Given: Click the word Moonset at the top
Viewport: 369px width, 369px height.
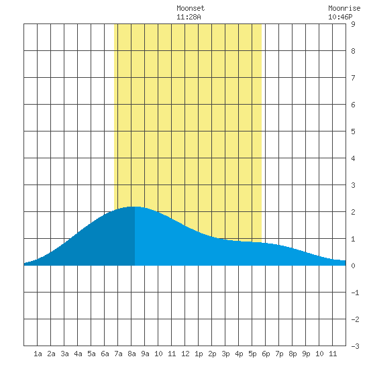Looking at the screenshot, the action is [191, 8].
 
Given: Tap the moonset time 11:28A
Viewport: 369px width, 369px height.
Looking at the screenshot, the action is [189, 17].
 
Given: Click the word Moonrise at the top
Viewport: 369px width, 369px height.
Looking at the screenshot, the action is [344, 8].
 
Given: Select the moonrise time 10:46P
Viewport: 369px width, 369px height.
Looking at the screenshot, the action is [340, 17].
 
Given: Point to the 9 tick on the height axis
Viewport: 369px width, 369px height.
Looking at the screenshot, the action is [353, 24].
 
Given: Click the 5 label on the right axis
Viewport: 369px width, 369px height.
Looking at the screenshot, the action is [353, 131].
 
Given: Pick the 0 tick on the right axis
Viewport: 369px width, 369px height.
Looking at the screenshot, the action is [353, 266].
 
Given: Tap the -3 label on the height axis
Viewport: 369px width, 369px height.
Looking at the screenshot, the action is [355, 346].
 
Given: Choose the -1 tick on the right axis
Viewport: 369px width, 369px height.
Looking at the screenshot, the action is [355, 293].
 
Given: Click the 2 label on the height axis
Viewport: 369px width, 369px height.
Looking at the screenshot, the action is [353, 212].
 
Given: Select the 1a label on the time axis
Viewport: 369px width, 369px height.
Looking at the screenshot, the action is [38, 354].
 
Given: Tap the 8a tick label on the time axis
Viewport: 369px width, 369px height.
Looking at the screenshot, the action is [131, 354].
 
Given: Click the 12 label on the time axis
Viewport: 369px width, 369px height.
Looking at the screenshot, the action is [185, 354].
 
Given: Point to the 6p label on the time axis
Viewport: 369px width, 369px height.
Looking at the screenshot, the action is [266, 354].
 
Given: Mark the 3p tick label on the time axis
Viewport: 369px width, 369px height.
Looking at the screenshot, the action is [225, 354].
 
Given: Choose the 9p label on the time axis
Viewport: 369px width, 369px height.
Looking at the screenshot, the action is [306, 354].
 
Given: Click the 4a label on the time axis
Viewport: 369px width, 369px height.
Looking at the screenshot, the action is [78, 354].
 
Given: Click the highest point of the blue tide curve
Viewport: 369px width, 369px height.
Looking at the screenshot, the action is [134, 207].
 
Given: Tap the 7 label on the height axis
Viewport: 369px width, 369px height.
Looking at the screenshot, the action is [353, 78].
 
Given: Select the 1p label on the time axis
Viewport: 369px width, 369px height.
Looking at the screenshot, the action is [199, 354].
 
